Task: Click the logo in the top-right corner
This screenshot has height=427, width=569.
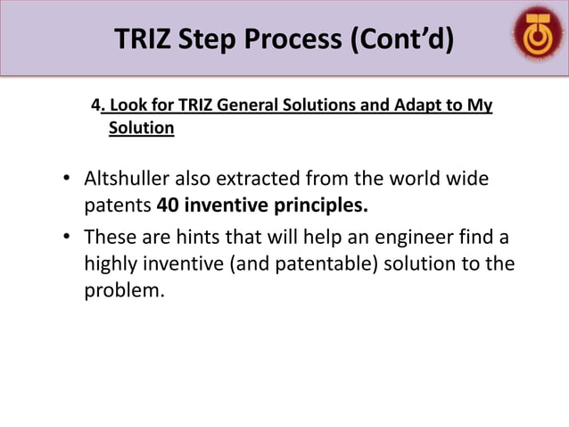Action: (537, 37)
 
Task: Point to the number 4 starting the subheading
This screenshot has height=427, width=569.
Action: (95, 106)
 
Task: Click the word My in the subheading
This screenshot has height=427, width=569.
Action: (481, 106)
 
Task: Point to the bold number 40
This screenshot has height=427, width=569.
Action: (169, 207)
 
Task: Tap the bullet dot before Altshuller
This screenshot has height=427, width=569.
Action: (66, 180)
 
